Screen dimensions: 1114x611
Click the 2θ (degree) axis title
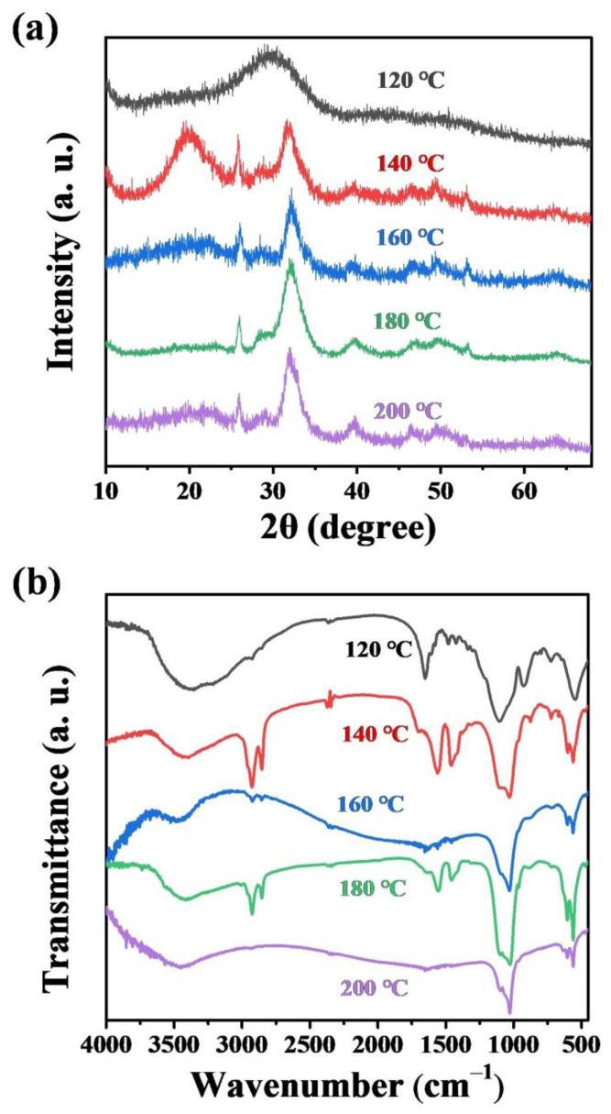point(346,530)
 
